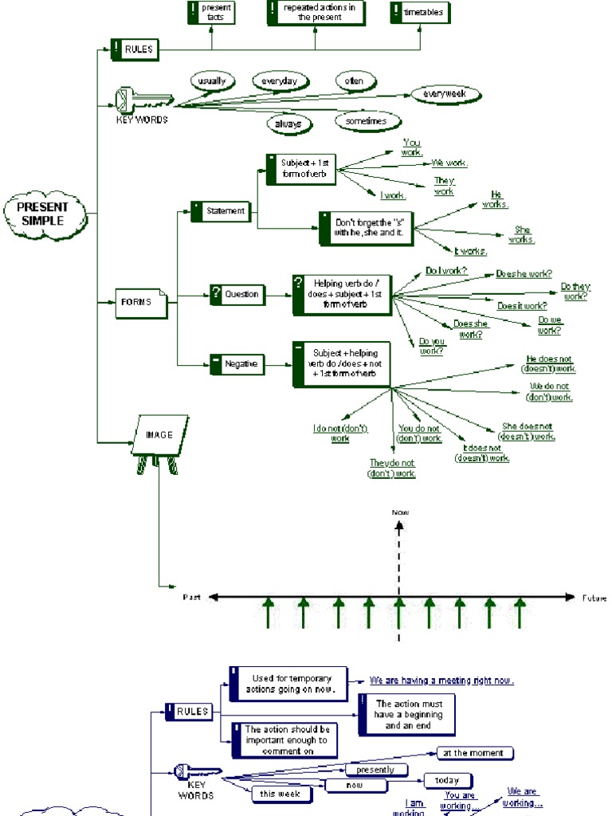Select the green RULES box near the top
pyautogui.click(x=135, y=49)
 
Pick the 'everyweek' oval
pyautogui.click(x=445, y=94)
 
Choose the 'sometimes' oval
pyautogui.click(x=367, y=121)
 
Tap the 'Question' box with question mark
pyautogui.click(x=237, y=294)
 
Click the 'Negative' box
pyautogui.click(x=236, y=363)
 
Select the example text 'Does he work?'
pyautogui.click(x=524, y=273)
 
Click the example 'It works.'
pyautogui.click(x=470, y=252)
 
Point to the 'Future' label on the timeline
pyautogui.click(x=593, y=598)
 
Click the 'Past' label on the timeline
pyautogui.click(x=191, y=597)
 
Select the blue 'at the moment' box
pyautogui.click(x=475, y=753)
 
